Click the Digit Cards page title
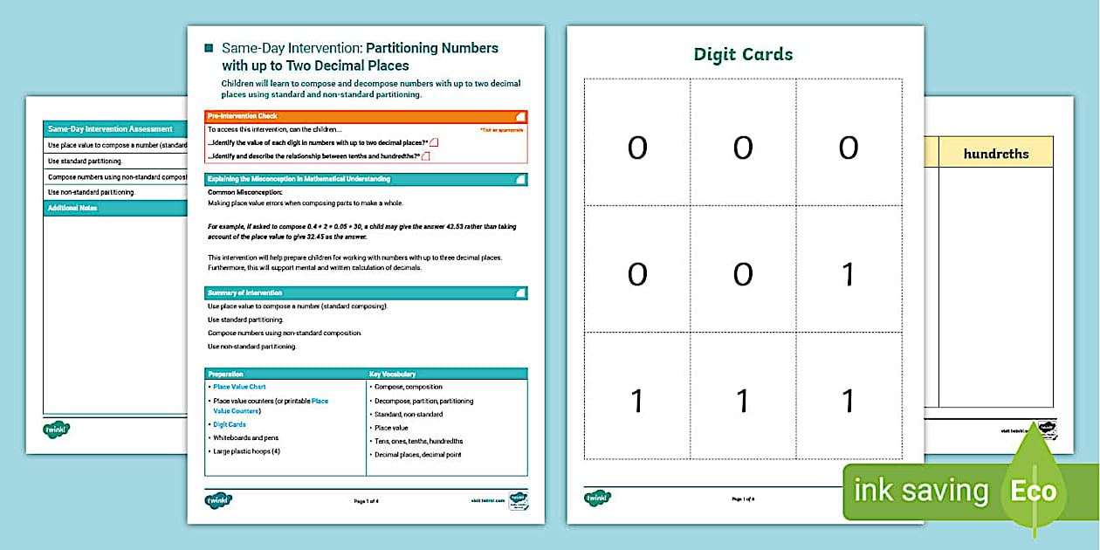point(743,55)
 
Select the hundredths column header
point(995,154)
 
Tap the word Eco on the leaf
point(1033,492)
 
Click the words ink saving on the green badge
point(921,492)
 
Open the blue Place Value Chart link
point(239,387)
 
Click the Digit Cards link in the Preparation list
point(230,424)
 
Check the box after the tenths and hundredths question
point(426,156)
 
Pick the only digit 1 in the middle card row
point(848,275)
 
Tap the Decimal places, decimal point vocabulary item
point(417,455)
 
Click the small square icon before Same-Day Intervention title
point(209,48)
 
